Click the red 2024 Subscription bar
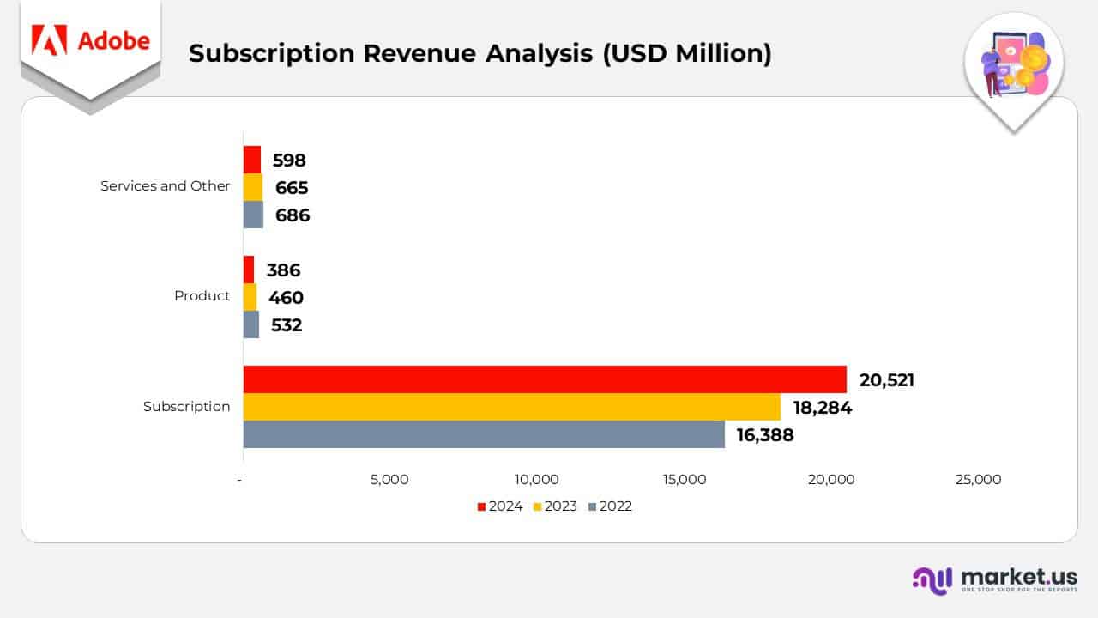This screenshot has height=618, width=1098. pos(545,379)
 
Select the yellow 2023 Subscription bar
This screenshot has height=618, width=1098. pos(512,407)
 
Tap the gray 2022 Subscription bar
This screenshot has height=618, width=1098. pos(484,434)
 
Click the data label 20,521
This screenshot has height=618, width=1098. pos(887,380)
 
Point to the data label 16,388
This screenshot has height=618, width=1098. pos(765,435)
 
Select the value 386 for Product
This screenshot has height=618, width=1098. pos(283,270)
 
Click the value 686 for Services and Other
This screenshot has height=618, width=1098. pos(292,215)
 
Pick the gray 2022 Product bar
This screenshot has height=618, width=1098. pos(251,324)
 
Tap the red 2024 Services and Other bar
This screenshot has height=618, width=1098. pos(252,160)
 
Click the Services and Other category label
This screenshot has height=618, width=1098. pos(165,186)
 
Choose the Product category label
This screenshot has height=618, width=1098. pos(202,296)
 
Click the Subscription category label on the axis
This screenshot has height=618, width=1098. pos(186,407)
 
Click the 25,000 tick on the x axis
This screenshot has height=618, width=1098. pos(978,480)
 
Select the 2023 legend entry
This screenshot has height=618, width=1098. pos(555,506)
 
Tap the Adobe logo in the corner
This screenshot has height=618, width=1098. pos(90,41)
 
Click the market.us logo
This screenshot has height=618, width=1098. pos(994,579)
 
